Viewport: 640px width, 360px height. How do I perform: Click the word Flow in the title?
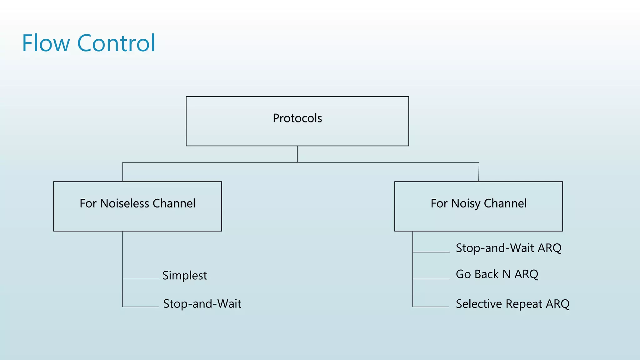pyautogui.click(x=46, y=43)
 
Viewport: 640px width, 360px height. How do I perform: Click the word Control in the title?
pyautogui.click(x=116, y=43)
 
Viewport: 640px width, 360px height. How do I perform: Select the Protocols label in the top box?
pyautogui.click(x=297, y=118)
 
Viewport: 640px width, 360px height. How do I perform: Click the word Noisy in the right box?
pyautogui.click(x=465, y=204)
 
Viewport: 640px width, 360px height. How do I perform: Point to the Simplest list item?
pyautogui.click(x=184, y=276)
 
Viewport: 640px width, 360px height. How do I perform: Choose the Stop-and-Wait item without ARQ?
pyautogui.click(x=202, y=304)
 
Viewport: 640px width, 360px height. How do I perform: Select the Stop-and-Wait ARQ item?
pyautogui.click(x=508, y=248)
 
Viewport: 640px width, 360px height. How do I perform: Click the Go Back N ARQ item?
pyautogui.click(x=497, y=274)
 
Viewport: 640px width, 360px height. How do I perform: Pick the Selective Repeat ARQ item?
pyautogui.click(x=512, y=304)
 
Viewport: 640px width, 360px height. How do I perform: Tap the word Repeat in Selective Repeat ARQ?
pyautogui.click(x=524, y=304)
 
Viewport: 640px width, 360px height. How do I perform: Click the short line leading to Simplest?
pyautogui.click(x=141, y=279)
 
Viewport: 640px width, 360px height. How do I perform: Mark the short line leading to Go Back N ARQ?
pyautogui.click(x=431, y=279)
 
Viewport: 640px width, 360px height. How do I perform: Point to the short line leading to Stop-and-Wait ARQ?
pyautogui.click(x=431, y=252)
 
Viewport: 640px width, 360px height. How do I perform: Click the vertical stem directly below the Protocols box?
pyautogui.click(x=297, y=154)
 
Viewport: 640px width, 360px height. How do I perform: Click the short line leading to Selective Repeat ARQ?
pyautogui.click(x=431, y=307)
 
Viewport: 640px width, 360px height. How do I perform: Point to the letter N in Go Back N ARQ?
pyautogui.click(x=506, y=274)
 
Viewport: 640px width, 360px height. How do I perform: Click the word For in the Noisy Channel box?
pyautogui.click(x=439, y=203)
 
